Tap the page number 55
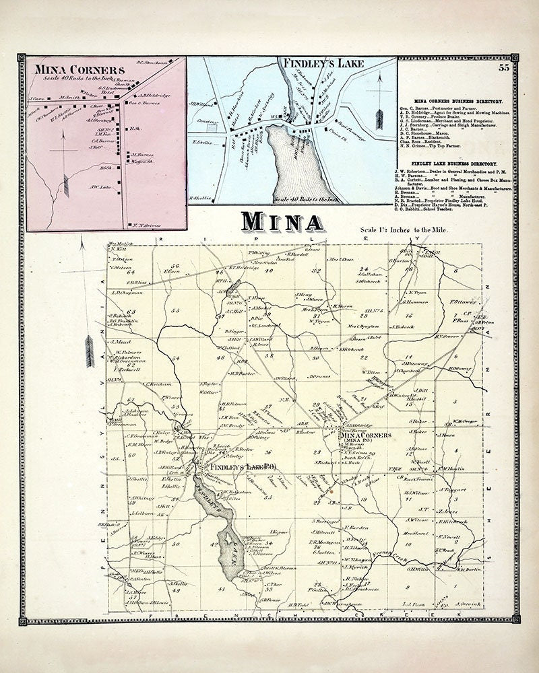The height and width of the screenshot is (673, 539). (503, 66)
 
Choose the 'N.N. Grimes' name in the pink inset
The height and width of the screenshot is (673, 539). (143, 225)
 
